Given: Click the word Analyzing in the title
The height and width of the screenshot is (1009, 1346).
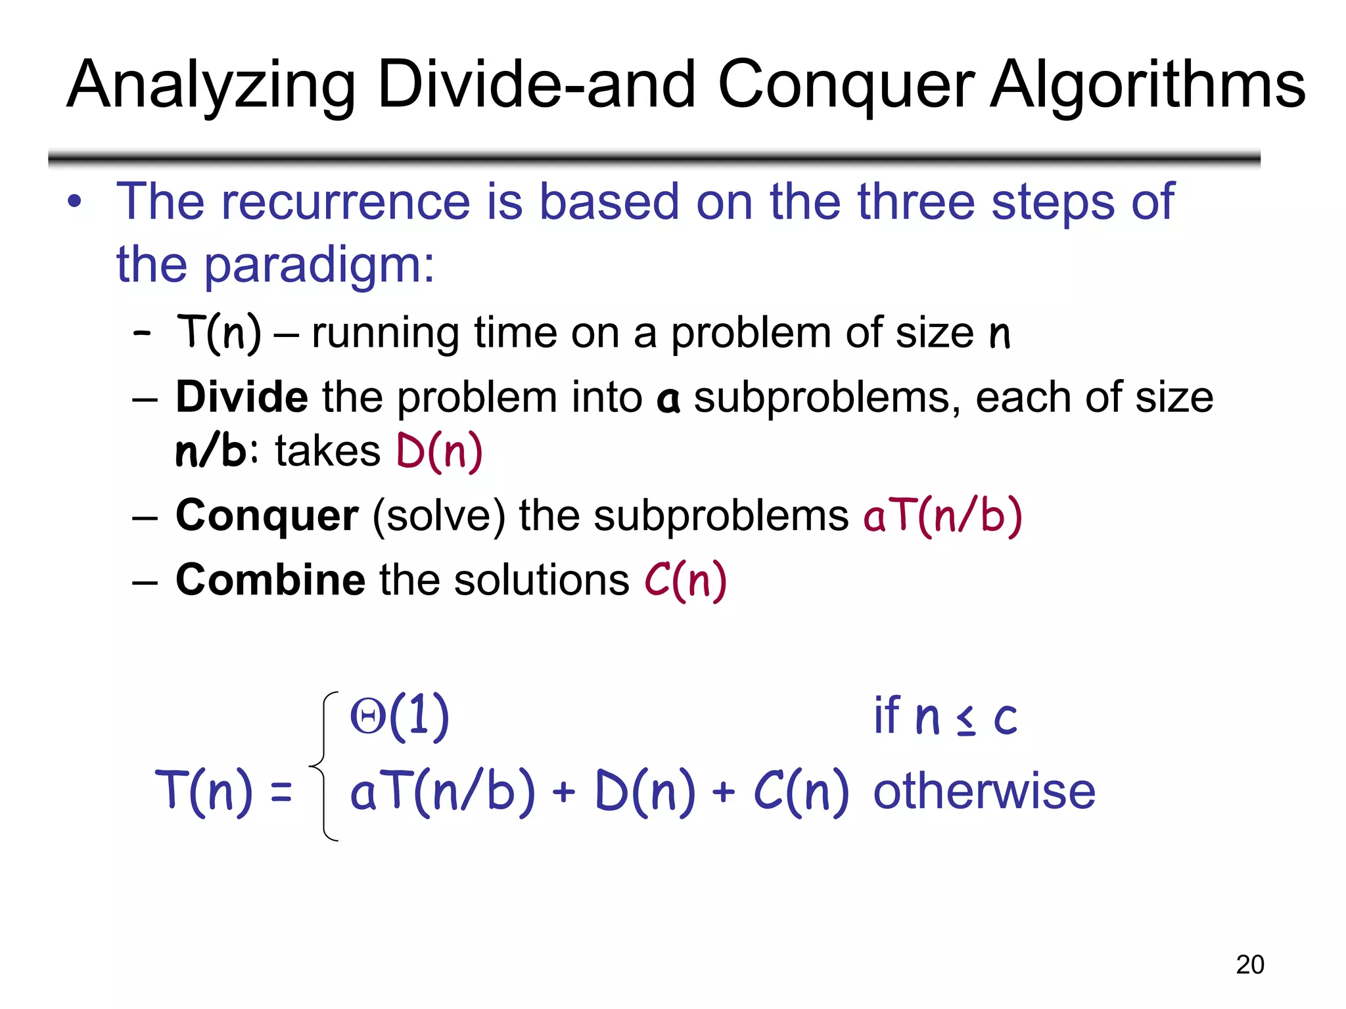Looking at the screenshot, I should coord(210,85).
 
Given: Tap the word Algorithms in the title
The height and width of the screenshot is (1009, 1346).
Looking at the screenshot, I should coord(1148,85).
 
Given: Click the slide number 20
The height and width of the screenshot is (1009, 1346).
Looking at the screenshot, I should coord(1249,964).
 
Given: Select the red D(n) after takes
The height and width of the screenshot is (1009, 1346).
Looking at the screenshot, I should coord(440,451).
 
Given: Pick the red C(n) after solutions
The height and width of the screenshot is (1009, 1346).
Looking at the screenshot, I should coord(685,580).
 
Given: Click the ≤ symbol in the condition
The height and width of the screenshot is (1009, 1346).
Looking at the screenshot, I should coord(965,721).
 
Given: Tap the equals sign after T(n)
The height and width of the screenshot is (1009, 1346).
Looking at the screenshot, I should coord(281,792).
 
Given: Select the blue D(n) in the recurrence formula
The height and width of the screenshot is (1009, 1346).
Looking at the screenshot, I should coord(644,792).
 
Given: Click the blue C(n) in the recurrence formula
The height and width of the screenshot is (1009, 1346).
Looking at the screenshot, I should coord(801,792).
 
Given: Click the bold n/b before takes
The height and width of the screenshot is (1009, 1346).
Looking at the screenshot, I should coord(210,451).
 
